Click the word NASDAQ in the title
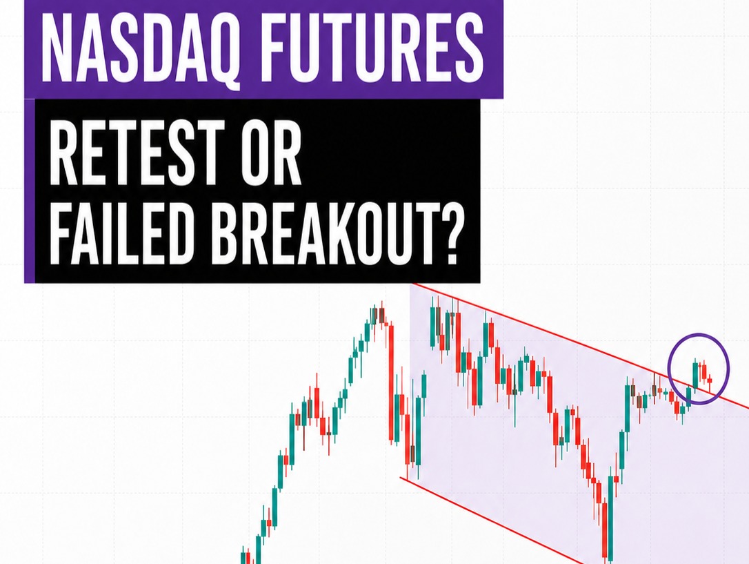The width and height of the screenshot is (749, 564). point(139,48)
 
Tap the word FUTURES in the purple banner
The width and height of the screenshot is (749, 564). point(371,47)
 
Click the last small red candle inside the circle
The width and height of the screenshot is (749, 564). point(710,380)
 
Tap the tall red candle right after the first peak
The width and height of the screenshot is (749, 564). point(391,382)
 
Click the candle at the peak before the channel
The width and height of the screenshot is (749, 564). point(381,314)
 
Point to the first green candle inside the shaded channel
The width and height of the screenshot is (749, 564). point(419,430)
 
